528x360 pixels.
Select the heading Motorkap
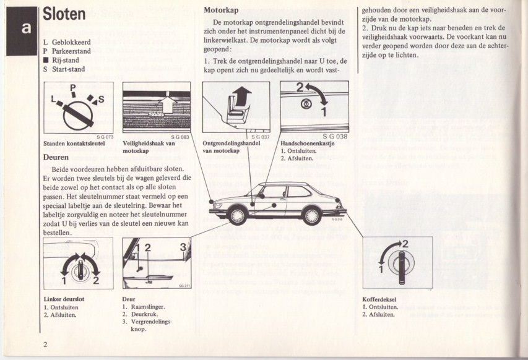[221, 10]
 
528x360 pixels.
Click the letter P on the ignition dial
[72, 88]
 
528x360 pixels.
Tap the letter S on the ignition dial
[101, 99]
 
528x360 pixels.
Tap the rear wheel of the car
[312, 215]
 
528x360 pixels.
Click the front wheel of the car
[237, 215]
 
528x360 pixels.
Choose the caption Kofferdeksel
[379, 300]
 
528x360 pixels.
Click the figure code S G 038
[335, 136]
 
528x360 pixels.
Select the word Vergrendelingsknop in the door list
[150, 325]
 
